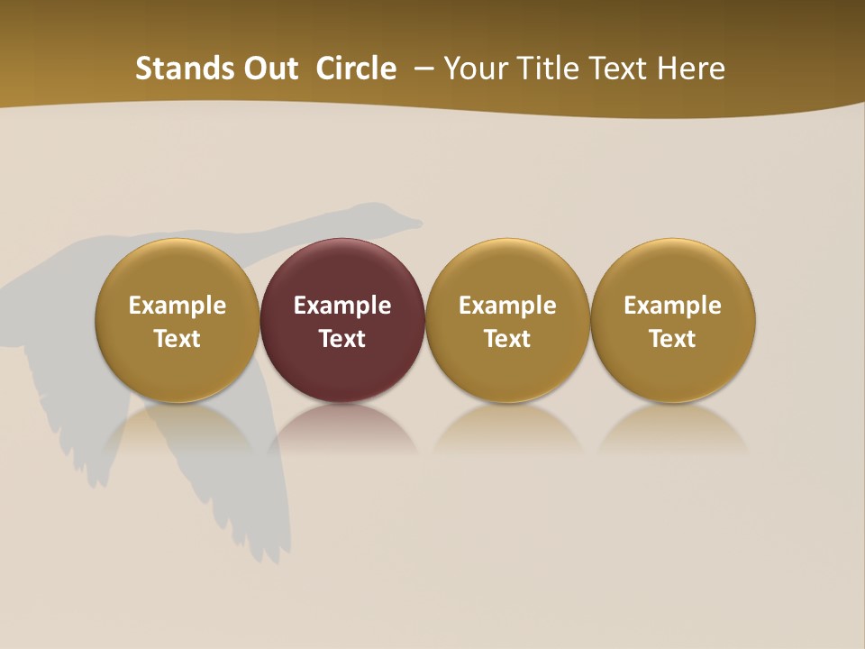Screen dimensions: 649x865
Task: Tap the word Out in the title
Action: coord(269,69)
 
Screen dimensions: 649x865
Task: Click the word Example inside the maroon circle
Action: coord(342,306)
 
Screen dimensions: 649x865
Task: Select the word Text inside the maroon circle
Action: coord(342,339)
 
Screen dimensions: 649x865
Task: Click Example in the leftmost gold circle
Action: coord(178,306)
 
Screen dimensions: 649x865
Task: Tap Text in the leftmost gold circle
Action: coord(178,339)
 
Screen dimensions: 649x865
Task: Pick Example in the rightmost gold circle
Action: coord(672,306)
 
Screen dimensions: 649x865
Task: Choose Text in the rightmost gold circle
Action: coord(672,339)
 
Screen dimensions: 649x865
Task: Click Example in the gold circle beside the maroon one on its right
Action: coord(507,306)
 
